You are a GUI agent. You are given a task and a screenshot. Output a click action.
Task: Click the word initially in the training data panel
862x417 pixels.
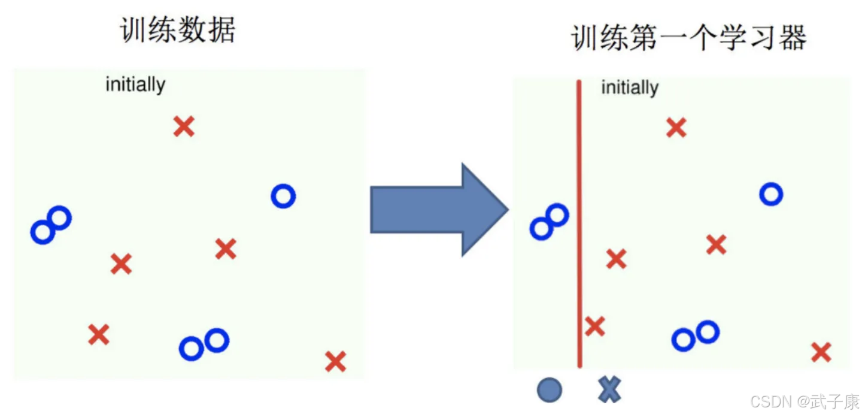(135, 84)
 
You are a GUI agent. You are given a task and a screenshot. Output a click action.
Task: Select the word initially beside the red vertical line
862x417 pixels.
(630, 88)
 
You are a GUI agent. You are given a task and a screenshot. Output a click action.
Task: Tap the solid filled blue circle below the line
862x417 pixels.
(550, 391)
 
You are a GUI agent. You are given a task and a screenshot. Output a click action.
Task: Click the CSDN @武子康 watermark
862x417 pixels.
(805, 401)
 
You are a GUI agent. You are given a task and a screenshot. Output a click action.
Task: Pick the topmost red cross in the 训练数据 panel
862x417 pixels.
(184, 126)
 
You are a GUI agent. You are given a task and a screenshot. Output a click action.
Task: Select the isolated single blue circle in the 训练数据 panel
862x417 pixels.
(283, 196)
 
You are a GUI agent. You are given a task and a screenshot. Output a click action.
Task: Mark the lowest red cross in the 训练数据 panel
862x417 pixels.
(335, 361)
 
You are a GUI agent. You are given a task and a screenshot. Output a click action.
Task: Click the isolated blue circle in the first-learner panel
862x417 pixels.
(771, 194)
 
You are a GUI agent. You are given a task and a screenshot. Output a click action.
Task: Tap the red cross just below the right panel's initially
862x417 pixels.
(676, 128)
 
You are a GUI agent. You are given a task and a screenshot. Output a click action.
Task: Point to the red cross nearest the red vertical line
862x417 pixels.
(594, 327)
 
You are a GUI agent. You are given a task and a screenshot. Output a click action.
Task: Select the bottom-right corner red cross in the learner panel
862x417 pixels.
(821, 352)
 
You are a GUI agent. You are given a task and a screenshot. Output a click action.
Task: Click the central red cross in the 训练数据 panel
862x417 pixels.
(226, 249)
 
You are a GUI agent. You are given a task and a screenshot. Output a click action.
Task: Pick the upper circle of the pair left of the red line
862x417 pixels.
(557, 214)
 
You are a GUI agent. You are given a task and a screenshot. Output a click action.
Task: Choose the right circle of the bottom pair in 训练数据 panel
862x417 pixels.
(217, 340)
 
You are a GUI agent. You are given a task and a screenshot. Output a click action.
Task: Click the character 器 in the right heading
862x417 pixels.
(793, 38)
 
